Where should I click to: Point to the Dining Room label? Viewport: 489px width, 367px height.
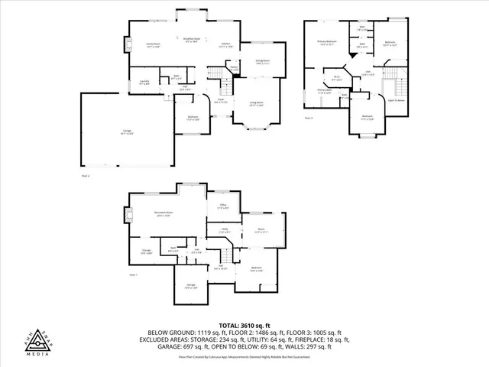(x=261, y=62)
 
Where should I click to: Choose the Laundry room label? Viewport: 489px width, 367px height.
(x=144, y=82)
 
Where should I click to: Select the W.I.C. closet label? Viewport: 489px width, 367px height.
(x=337, y=77)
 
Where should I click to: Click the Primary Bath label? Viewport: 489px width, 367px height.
(x=325, y=92)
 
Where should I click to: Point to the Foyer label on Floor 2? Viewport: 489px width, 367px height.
(x=219, y=99)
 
